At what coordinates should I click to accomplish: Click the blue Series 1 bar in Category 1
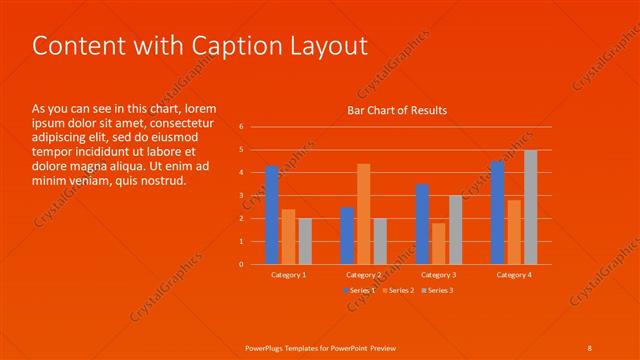point(272,215)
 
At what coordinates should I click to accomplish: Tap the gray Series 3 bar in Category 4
point(531,207)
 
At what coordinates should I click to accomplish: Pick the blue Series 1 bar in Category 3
point(422,224)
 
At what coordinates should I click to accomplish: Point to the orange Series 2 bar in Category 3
point(438,243)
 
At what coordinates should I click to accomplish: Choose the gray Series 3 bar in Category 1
point(305,241)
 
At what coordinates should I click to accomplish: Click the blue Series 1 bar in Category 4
point(497,212)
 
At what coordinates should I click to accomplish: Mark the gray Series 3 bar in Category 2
point(380,241)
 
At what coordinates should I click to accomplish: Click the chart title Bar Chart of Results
point(397,110)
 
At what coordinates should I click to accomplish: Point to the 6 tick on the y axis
point(241,127)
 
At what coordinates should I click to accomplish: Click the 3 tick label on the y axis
point(241,196)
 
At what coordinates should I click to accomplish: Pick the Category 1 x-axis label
point(289,274)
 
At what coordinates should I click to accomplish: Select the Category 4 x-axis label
point(514,274)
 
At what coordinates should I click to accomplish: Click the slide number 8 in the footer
point(589,347)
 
